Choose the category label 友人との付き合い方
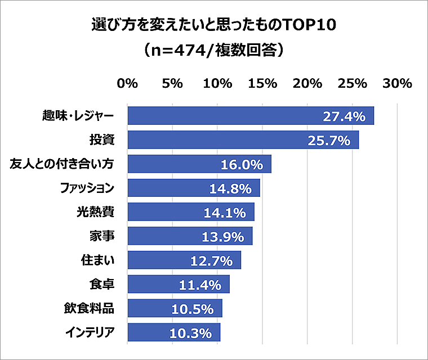pos(63,164)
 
